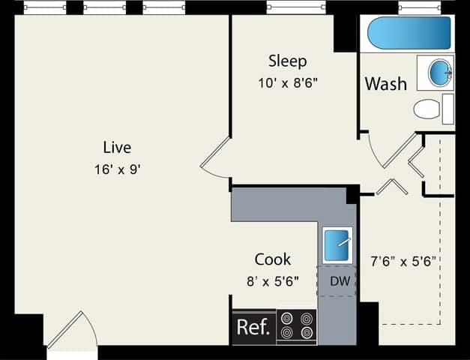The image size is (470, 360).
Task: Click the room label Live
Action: point(118,147)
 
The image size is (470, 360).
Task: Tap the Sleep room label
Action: point(288,61)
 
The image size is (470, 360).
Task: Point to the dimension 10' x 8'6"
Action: point(288,82)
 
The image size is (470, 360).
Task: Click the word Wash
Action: point(385,83)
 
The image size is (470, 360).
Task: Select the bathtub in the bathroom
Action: point(409,33)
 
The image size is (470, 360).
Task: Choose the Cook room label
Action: point(273,259)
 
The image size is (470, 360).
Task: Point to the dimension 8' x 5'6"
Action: point(273,281)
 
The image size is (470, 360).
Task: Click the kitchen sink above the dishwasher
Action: point(337,244)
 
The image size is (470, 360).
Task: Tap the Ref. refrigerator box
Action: point(253,327)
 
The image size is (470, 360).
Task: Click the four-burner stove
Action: point(296,327)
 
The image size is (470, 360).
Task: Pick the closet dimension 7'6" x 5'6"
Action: point(404,262)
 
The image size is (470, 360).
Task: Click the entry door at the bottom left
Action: point(72,333)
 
